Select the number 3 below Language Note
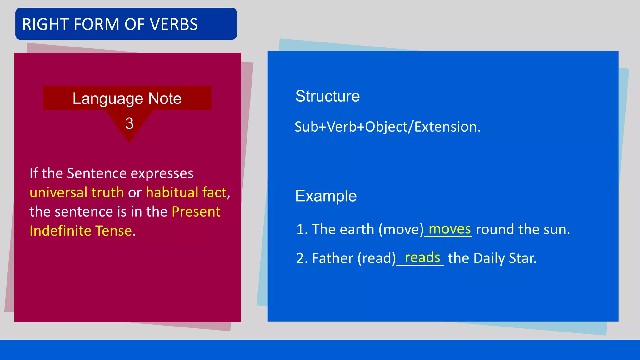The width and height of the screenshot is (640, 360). point(129,123)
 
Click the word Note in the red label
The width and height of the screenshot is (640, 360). point(165,98)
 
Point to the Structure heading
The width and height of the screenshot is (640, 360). point(327,96)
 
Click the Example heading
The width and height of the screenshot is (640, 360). point(326,196)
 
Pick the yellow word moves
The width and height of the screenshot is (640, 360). point(449,229)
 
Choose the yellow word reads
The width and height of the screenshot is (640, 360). point(422,257)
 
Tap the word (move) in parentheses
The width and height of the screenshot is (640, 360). point(401,230)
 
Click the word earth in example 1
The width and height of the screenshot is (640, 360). point(357,230)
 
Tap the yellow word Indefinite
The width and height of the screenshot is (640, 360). point(60,231)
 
